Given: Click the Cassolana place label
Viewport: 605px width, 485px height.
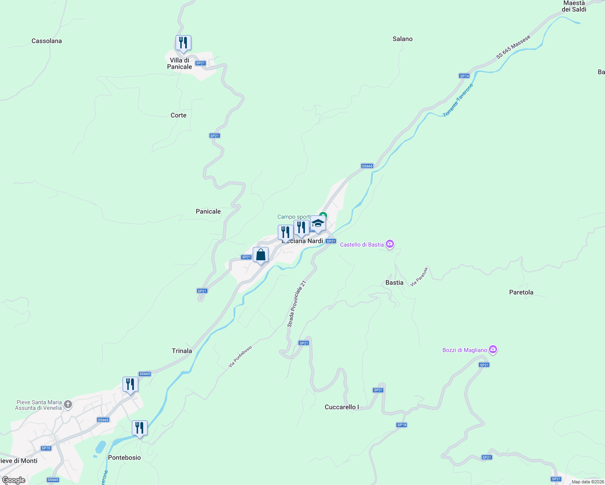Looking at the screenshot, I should pos(47,41).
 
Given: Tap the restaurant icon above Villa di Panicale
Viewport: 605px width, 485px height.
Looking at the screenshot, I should pos(183,43).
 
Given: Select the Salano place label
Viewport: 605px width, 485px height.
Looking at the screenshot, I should pos(402,39).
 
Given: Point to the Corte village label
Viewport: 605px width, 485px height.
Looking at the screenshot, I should pos(178,115).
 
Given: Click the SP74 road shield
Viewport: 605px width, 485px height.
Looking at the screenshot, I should pos(464,76).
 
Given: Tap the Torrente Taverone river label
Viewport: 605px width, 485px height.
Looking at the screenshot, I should pos(458,101).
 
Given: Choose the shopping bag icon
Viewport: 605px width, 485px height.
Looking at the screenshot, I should pos(261,255).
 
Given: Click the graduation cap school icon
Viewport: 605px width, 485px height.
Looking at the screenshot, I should pos(318,223).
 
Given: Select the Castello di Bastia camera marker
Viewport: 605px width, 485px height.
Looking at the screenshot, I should pos(390,244).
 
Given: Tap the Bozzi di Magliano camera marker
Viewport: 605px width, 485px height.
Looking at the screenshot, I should pos(493,350).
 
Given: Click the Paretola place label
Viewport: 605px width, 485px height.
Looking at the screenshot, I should pos(521,292).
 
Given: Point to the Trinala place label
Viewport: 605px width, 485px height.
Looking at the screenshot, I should pos(182,351).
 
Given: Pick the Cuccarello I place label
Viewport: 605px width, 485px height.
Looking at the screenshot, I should pos(342,407).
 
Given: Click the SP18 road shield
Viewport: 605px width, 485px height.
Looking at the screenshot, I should pos(402,425).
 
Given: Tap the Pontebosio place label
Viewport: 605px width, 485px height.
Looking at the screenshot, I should pos(125,458).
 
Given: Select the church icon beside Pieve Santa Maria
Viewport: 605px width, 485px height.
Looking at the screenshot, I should pos(68,404).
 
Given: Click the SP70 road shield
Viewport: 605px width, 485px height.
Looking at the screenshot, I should pos(46,448).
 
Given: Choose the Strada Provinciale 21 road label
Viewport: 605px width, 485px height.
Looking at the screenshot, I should pos(296,304).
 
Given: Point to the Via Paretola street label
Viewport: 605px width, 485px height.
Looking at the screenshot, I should pos(419,277).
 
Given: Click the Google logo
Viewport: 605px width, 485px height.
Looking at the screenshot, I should pos(14,480).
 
